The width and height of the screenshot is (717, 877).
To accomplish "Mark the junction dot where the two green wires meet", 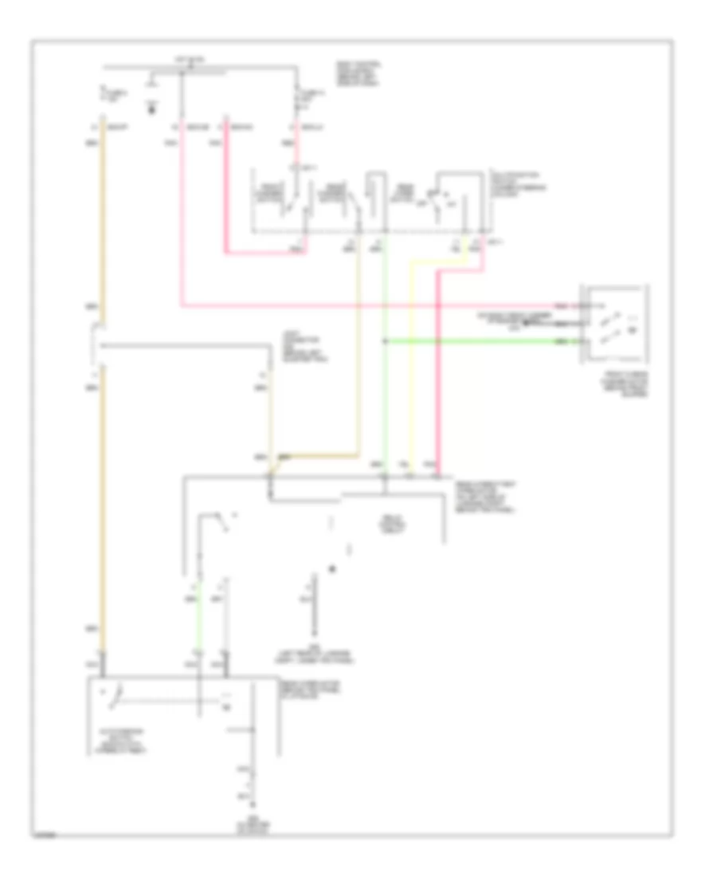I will pos(384,341).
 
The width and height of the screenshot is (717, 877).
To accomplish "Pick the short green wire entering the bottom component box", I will pos(198,630).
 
